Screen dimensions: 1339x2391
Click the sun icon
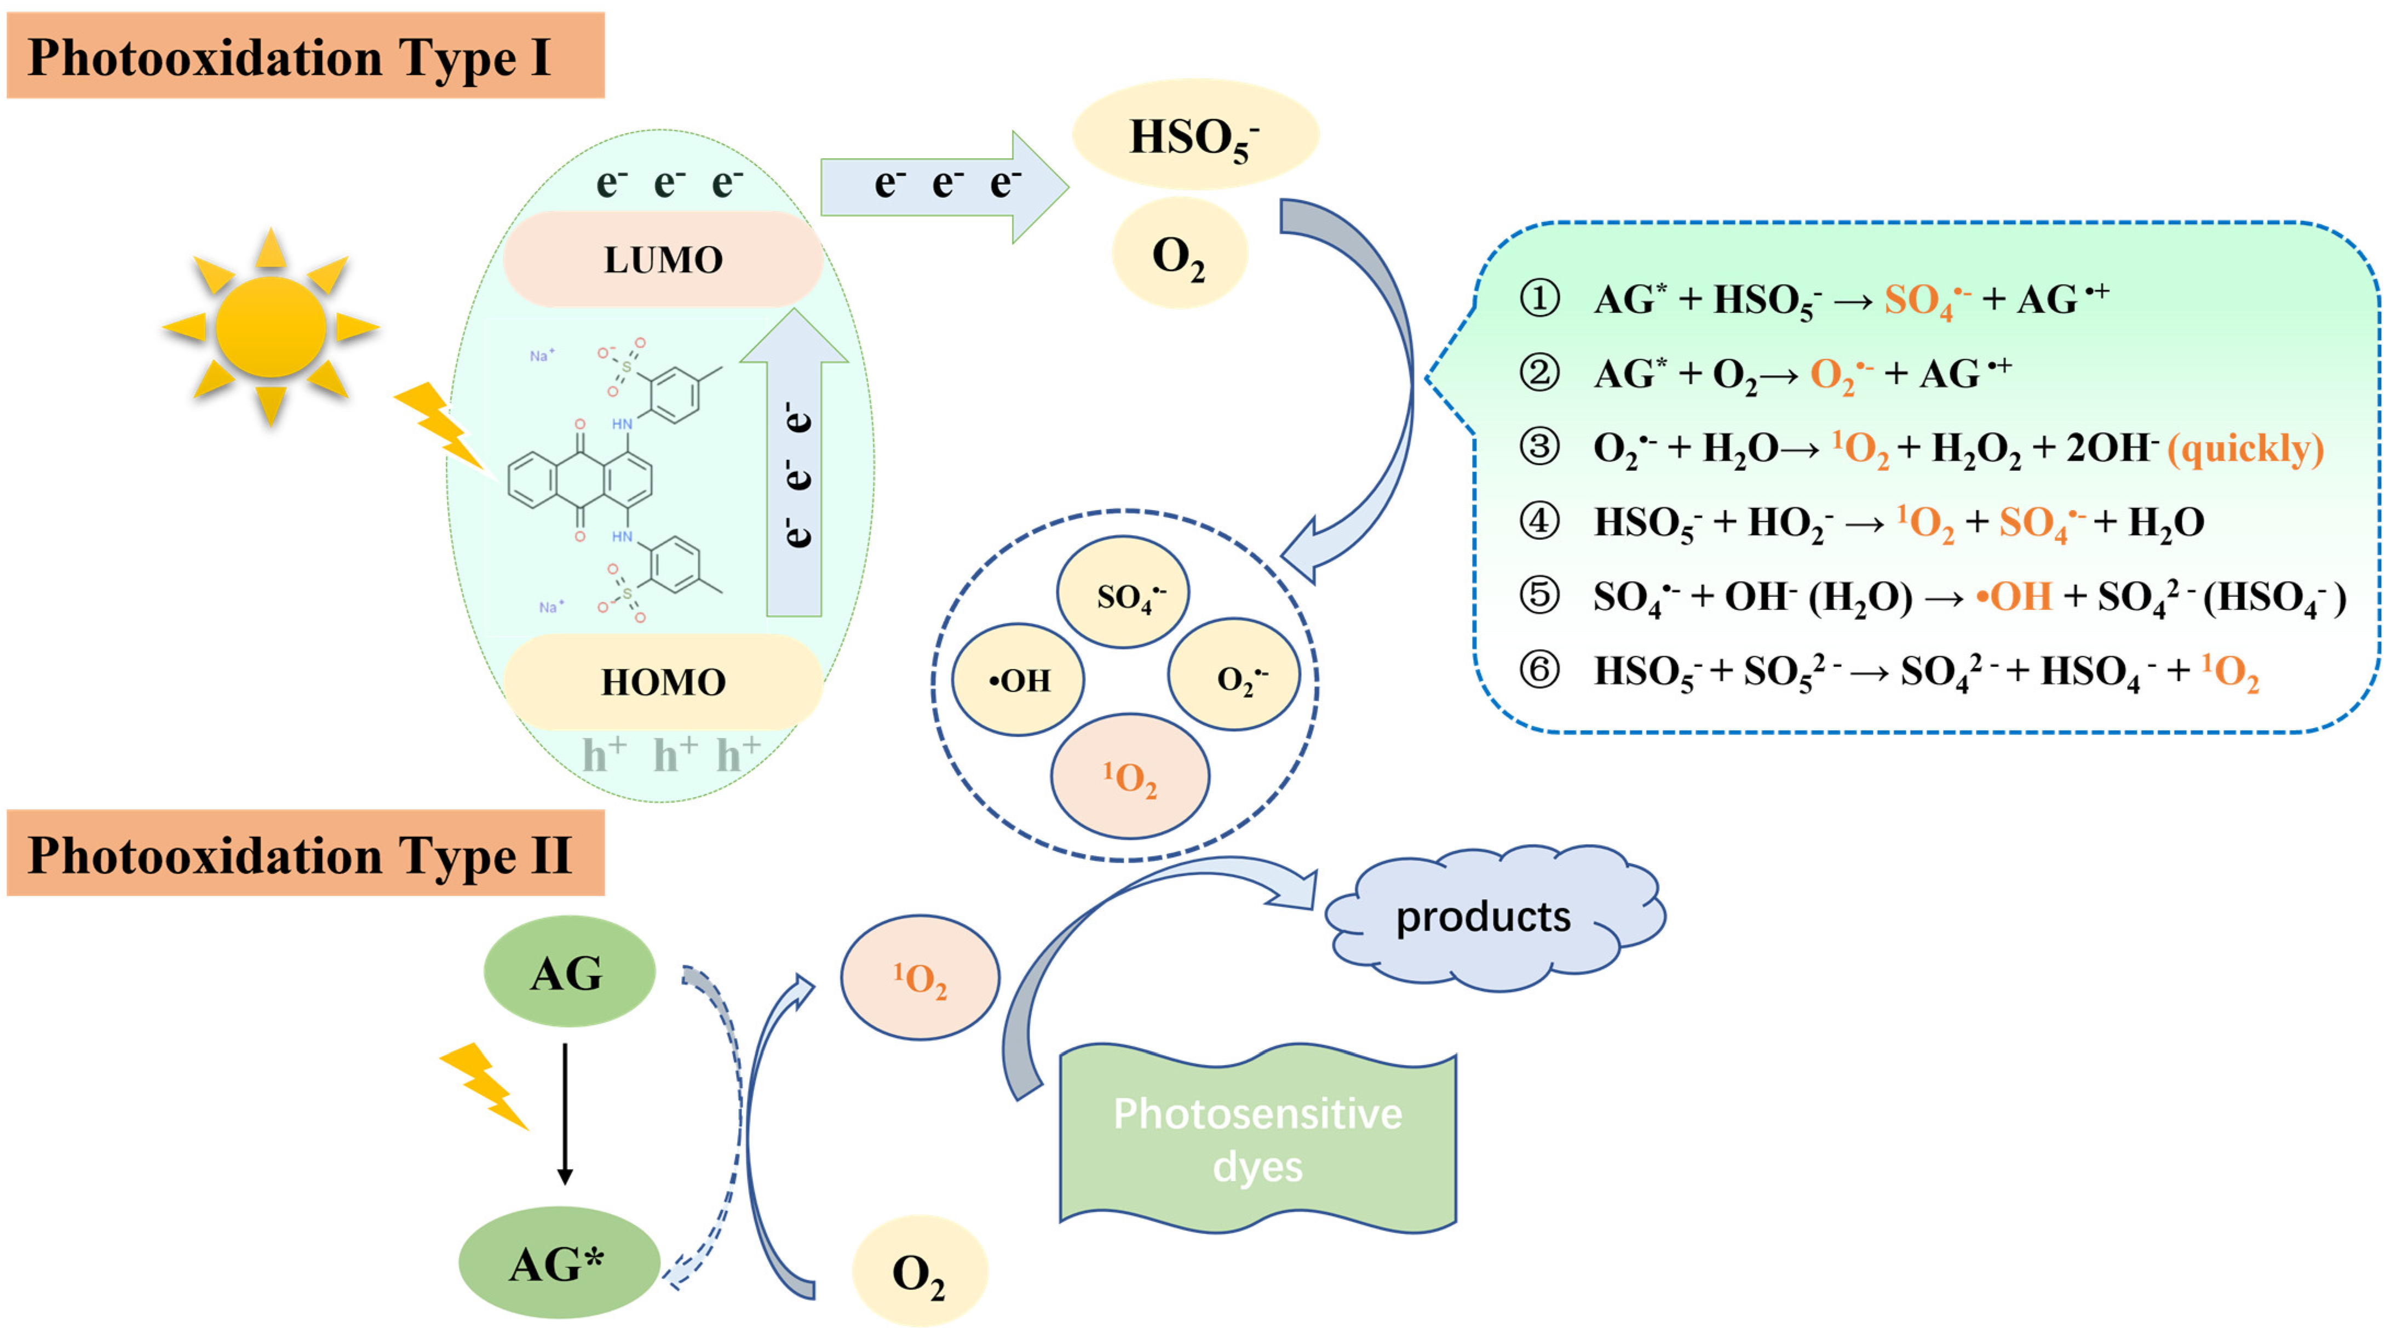271,327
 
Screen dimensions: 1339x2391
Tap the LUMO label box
663,259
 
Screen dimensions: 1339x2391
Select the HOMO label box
663,682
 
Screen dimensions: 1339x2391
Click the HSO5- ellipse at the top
1194,135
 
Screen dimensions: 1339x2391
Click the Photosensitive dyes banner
1258,1140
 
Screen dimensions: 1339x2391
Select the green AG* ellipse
559,1263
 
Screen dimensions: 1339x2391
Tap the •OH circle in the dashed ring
1018,680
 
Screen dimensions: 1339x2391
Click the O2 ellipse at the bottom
919,1272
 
